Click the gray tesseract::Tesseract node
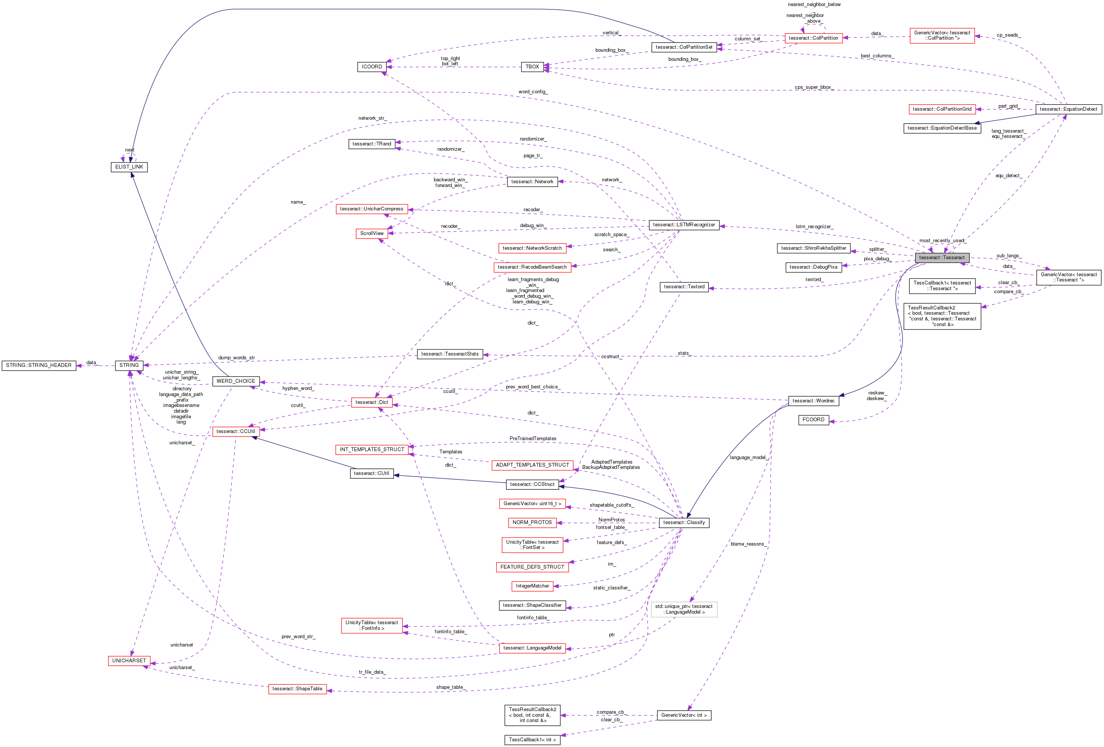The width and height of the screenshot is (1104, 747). click(941, 257)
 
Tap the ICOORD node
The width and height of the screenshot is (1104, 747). click(372, 67)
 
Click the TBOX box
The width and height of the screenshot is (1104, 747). click(532, 67)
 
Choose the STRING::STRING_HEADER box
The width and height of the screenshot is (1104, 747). click(39, 365)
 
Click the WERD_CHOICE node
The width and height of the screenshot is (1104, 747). click(236, 381)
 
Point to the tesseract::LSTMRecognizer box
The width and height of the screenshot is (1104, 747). click(684, 224)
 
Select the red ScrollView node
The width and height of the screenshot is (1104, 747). click(372, 233)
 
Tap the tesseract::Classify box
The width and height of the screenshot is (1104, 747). click(684, 523)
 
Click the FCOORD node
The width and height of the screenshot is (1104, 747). click(813, 420)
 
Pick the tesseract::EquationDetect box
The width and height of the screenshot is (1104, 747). click(1068, 109)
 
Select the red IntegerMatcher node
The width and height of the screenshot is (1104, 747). click(532, 586)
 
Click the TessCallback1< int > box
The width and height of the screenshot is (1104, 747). click(532, 739)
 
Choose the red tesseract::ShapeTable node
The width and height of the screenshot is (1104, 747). click(298, 688)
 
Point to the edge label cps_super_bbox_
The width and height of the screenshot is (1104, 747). click(814, 87)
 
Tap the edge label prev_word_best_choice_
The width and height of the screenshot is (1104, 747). click(532, 387)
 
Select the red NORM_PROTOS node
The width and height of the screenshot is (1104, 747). click(532, 523)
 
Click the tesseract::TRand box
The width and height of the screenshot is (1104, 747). click(372, 144)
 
